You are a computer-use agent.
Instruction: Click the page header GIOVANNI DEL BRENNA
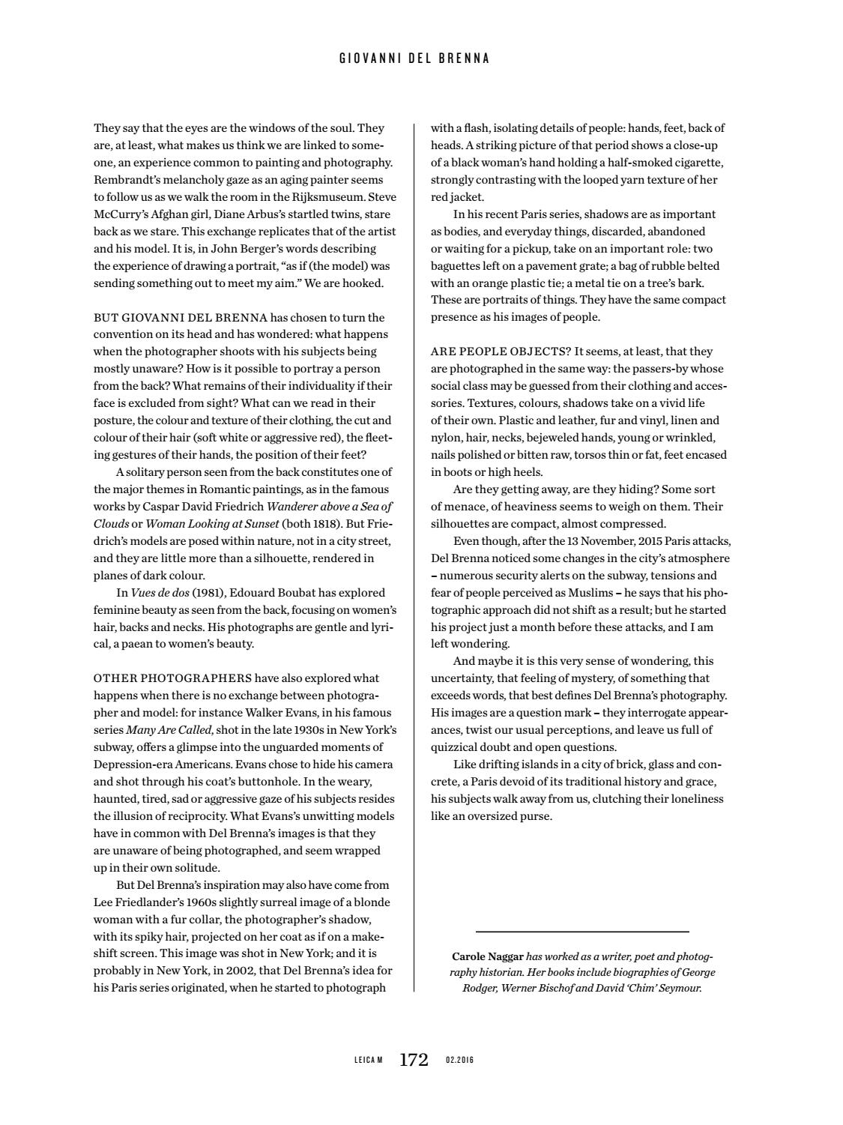click(414, 58)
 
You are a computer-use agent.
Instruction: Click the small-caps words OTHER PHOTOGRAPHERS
click(172, 679)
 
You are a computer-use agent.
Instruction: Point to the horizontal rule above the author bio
click(581, 932)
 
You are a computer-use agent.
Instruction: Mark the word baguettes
click(456, 266)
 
